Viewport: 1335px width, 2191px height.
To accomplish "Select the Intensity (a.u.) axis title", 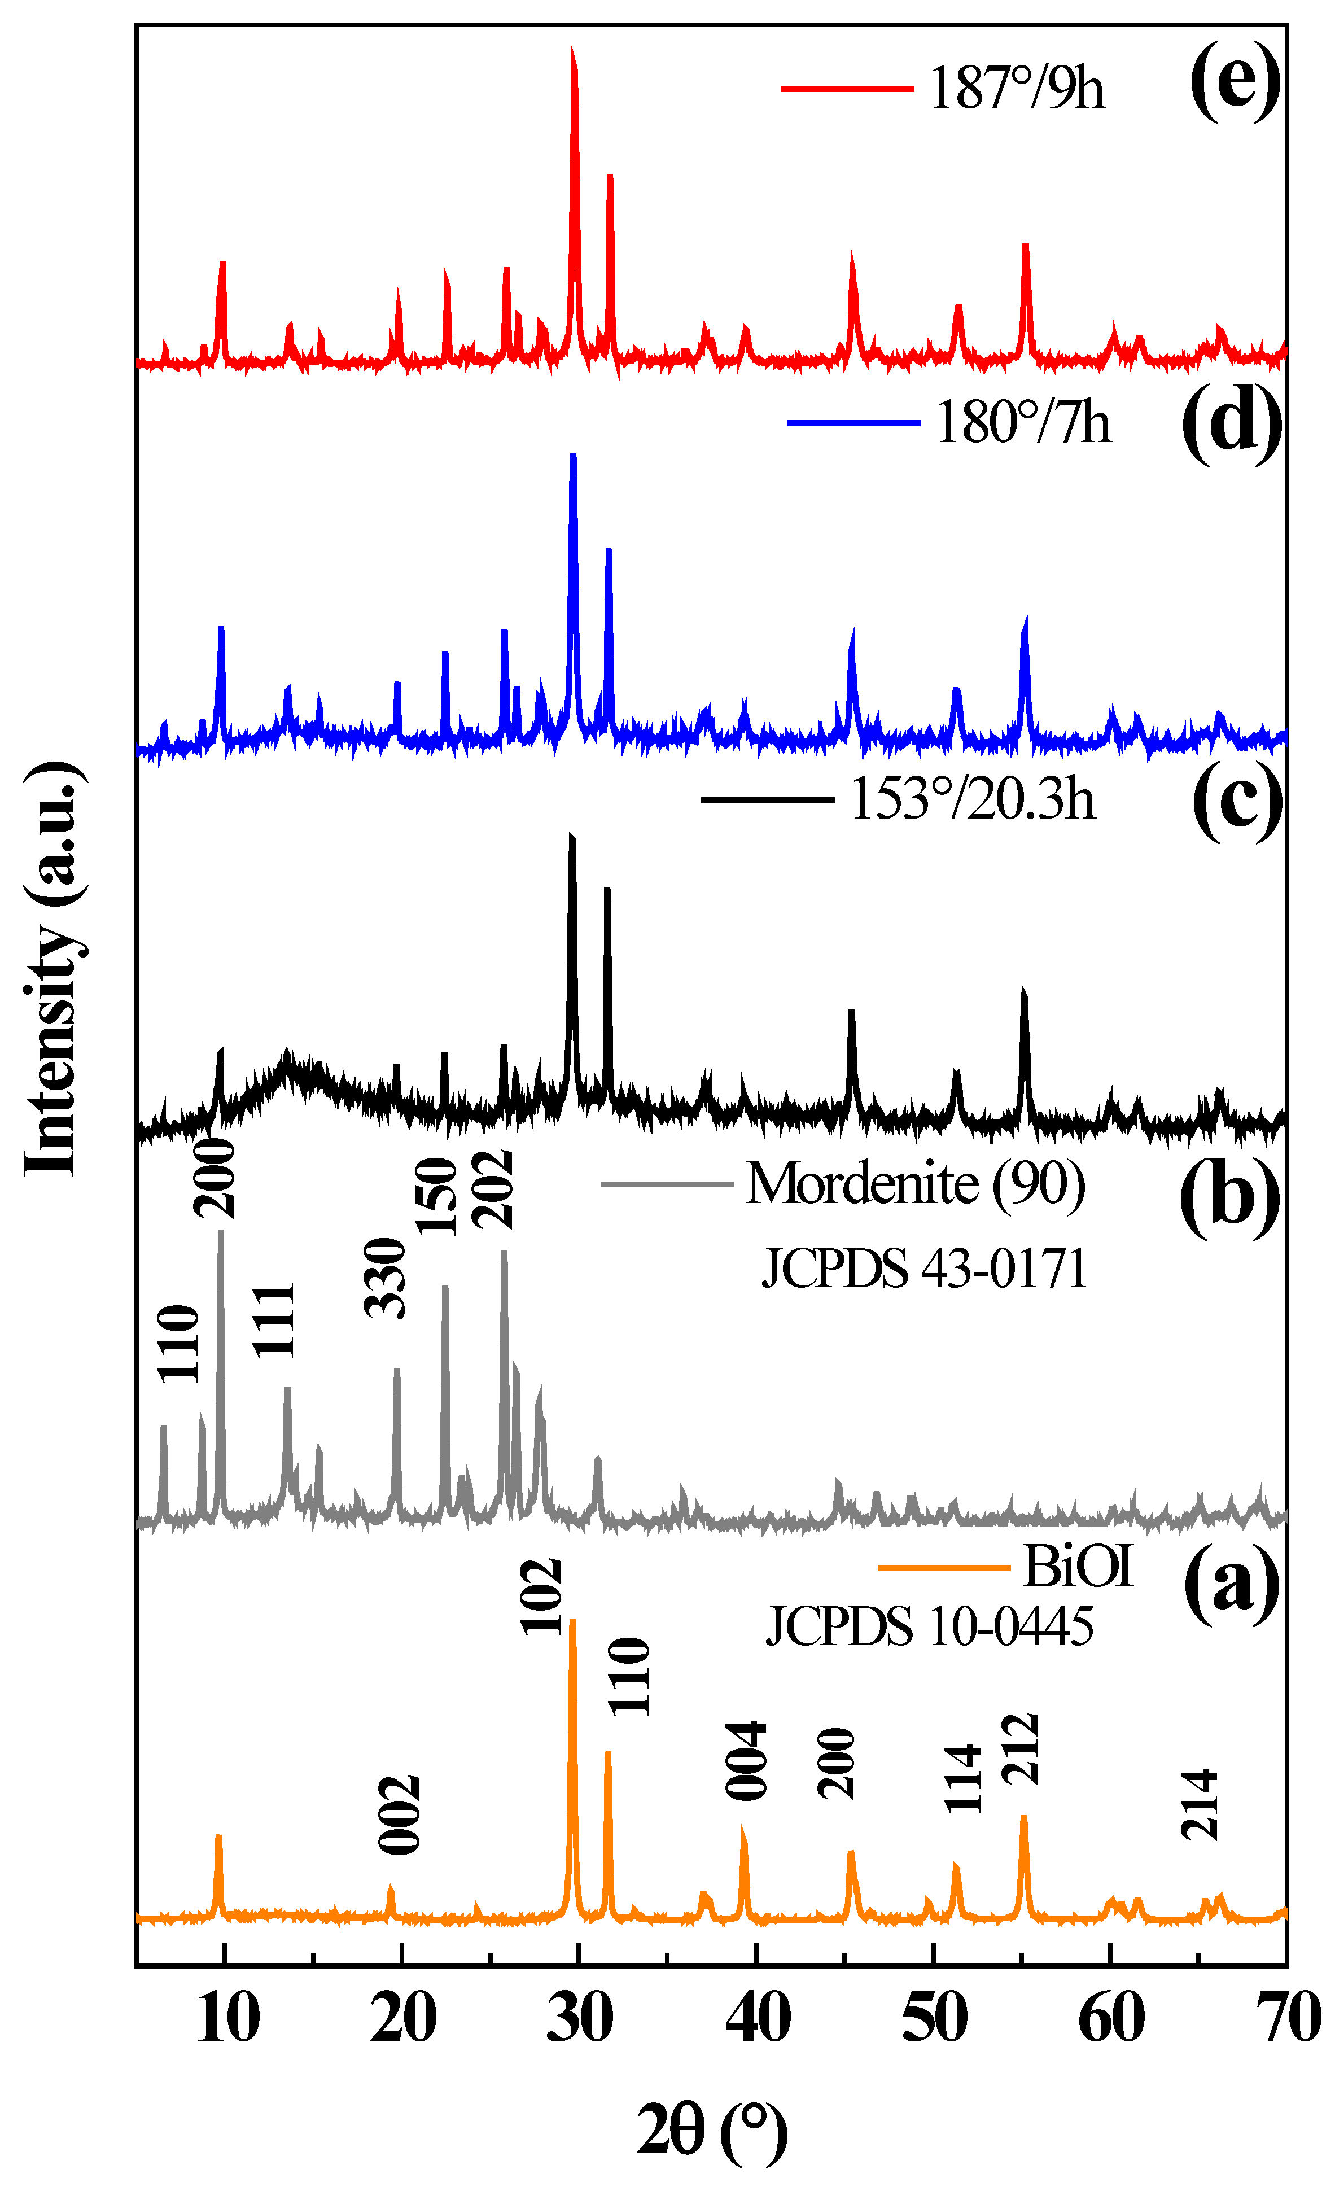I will (53, 969).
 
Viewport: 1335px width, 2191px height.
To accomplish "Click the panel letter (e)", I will (1233, 82).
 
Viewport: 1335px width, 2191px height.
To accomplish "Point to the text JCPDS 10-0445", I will (929, 1627).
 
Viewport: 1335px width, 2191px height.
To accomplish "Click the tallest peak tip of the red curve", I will (572, 51).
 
